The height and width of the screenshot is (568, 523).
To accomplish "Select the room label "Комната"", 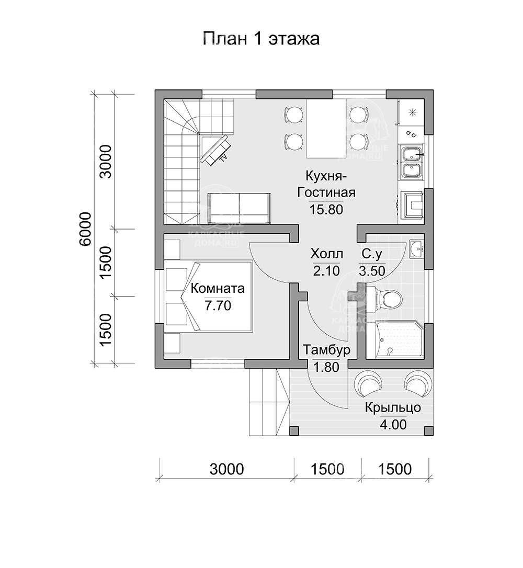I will click(217, 288).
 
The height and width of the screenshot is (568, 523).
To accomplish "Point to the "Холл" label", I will click(326, 255).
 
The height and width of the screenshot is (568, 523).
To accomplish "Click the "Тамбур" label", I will click(326, 349).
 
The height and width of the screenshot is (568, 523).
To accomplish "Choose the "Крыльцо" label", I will click(393, 408).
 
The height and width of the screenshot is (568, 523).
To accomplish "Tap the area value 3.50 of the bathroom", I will click(372, 271).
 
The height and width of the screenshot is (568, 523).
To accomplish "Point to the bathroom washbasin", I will click(416, 249).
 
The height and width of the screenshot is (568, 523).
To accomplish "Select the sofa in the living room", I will click(240, 208).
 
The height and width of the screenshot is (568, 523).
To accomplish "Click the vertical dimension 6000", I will click(87, 229).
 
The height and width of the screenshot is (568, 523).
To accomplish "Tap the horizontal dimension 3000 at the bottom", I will click(226, 469).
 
